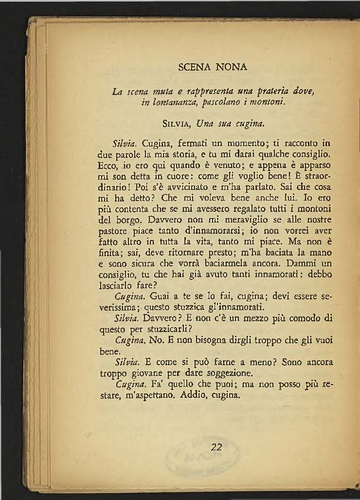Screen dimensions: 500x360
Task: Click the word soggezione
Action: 231,373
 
